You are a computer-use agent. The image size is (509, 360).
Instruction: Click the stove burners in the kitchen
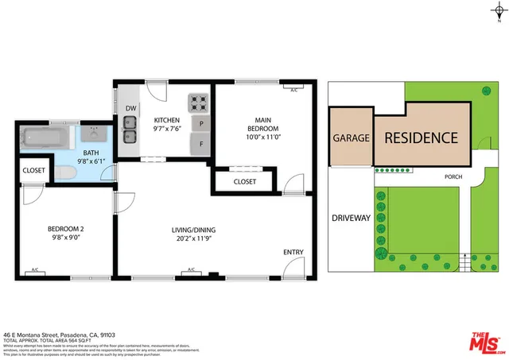point(197,103)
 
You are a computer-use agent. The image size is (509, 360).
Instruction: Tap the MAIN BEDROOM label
point(262,124)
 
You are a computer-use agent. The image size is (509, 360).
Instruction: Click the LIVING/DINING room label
point(194,231)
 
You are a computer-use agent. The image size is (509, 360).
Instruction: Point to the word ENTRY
point(293,253)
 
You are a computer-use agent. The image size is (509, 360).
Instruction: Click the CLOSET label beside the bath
point(33,170)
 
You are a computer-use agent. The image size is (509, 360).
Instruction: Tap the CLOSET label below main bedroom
point(245,182)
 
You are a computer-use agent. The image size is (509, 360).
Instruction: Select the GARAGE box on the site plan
point(351,138)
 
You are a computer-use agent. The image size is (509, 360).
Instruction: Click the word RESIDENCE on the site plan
point(421,137)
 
